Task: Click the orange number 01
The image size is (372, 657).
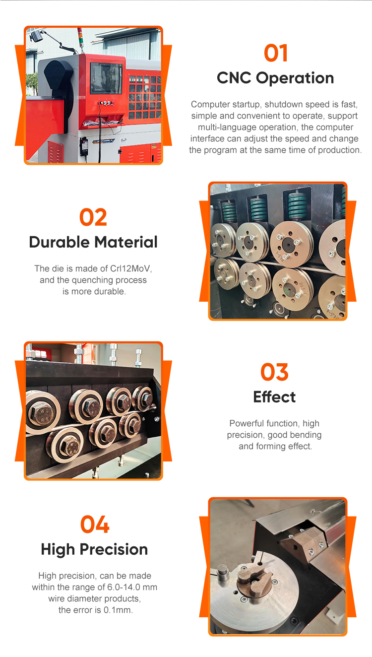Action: click(x=276, y=53)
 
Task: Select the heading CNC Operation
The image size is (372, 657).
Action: click(x=275, y=78)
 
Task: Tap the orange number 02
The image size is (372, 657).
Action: click(x=93, y=217)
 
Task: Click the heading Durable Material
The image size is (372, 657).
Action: click(x=93, y=242)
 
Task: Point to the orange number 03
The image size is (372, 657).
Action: click(x=274, y=372)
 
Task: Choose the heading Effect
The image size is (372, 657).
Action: click(x=274, y=397)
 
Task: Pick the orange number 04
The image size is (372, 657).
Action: click(x=95, y=525)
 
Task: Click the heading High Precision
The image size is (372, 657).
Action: click(x=94, y=549)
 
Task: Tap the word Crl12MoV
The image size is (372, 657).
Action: click(x=130, y=268)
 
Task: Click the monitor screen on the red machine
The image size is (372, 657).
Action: click(x=106, y=78)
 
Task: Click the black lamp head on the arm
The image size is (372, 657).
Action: click(x=36, y=36)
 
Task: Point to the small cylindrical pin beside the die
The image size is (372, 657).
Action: click(x=223, y=574)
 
